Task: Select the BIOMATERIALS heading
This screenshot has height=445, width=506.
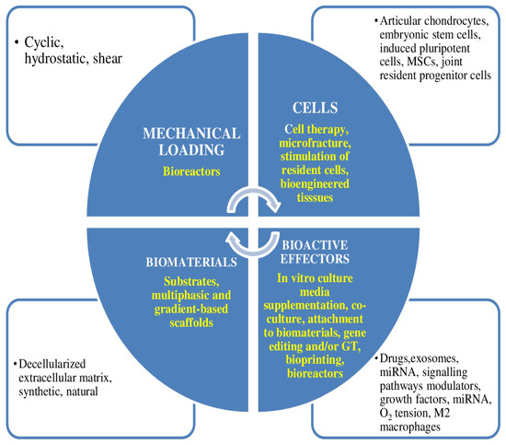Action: (x=190, y=261)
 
